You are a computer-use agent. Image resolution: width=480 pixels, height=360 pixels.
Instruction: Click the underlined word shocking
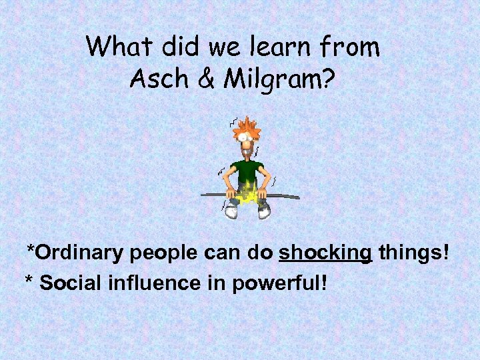(x=325, y=254)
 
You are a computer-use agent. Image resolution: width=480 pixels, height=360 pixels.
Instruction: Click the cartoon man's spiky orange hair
(x=247, y=126)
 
